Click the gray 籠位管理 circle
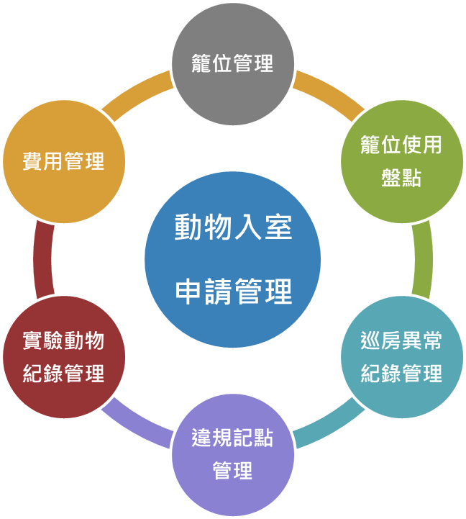pos(232,63)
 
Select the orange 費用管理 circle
pos(64,161)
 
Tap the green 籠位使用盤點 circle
pos(401,161)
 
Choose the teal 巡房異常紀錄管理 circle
pos(401,357)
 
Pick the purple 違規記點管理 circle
pos(232,455)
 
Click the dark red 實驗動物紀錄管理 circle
pos(64,357)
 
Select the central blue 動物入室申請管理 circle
pos(232,259)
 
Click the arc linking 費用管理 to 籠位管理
pos(140,94)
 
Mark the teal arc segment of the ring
pos(327,425)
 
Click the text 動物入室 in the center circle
pos(233,227)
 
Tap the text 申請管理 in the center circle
pos(233,292)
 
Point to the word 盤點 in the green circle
pos(401,177)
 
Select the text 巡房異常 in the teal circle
pos(401,340)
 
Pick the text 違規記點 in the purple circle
pos(232,438)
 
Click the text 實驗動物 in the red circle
pos(64,340)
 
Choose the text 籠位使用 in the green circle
pos(401,145)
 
